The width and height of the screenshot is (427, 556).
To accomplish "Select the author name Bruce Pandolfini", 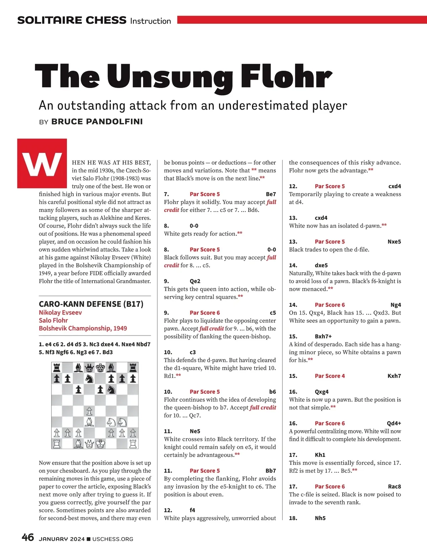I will tap(97, 122).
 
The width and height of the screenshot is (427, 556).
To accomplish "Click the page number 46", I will tap(28, 538).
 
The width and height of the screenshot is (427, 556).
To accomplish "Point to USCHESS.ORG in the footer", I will tap(113, 539).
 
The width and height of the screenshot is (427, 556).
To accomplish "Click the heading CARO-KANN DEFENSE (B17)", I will tap(91, 304).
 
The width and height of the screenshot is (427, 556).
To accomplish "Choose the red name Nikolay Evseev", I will tap(60, 312).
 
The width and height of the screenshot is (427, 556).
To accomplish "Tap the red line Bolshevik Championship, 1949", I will tap(83, 328).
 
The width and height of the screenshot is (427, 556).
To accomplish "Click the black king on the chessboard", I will tap(100, 367).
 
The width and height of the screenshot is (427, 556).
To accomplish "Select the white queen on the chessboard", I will tap(89, 444).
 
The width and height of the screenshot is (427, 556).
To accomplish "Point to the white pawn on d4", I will tap(89, 411).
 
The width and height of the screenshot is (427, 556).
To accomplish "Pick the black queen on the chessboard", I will tap(89, 367).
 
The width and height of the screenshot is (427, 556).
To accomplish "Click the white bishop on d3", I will tap(89, 422).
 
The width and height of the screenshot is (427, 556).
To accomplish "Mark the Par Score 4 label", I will tap(330, 376).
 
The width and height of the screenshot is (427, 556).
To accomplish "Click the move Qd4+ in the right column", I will tap(394, 423).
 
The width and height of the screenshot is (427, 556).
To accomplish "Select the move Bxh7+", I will tap(323, 336).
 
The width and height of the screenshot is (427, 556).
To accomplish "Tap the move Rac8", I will tap(394, 486).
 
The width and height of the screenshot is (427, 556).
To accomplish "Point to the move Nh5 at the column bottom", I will tap(320, 518).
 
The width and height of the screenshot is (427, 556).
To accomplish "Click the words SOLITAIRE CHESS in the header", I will tap(72, 20).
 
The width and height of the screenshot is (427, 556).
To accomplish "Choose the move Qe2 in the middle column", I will tap(195, 281).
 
